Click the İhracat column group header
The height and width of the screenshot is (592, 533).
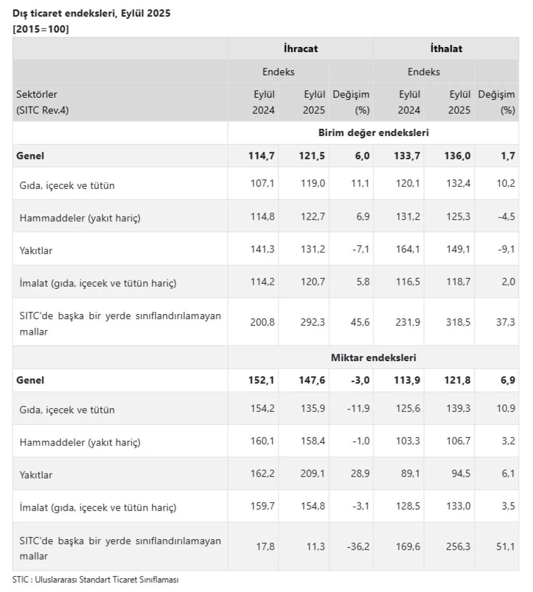pos(300,49)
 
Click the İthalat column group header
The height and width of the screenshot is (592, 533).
pos(446,49)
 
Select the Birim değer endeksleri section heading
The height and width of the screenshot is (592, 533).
pos(373,133)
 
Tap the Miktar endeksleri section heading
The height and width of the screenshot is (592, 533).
pos(373,357)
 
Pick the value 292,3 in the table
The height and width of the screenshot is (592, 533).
pos(312,322)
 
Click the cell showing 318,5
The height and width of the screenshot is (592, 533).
pos(458,322)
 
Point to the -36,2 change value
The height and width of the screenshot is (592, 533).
pos(358,546)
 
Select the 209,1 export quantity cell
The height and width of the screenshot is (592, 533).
pos(312,473)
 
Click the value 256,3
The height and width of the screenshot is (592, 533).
pos(458,546)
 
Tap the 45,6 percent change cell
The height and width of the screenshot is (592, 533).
pos(360,322)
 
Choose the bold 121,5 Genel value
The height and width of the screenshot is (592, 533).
pos(312,156)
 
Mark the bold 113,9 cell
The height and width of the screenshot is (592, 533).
pos(407,380)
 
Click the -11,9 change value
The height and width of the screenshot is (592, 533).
pos(358,409)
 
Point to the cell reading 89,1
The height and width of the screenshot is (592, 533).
pos(411,473)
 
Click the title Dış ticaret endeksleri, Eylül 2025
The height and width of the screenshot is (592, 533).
pos(91,13)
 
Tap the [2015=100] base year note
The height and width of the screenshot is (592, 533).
pos(40,29)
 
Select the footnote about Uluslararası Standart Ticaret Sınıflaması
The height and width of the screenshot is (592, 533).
pos(95,580)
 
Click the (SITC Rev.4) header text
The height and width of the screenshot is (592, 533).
pos(42,110)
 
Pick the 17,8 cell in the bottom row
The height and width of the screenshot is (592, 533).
pos(265,546)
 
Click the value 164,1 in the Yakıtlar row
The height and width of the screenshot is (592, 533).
pos(408,249)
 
